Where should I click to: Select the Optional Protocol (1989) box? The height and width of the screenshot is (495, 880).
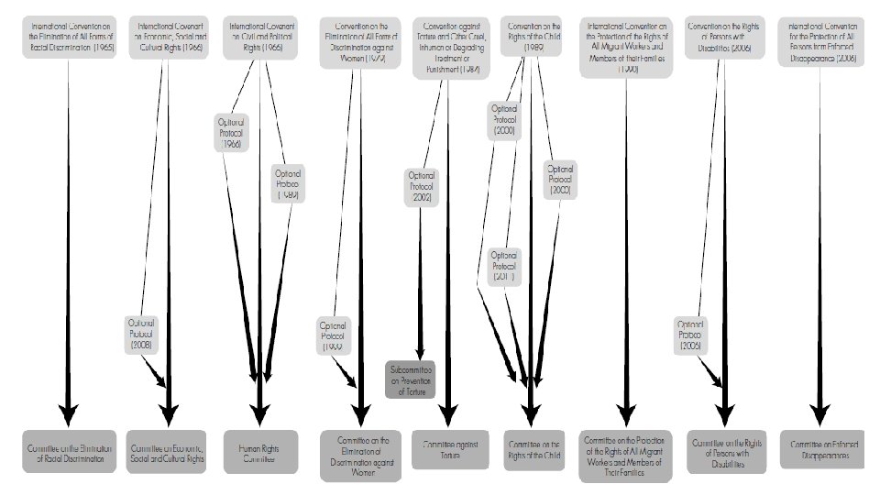(288, 183)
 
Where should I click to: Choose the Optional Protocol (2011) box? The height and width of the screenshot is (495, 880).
(503, 266)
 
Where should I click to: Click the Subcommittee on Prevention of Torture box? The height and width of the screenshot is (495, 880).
(409, 380)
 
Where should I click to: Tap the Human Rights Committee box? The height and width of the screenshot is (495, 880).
(260, 450)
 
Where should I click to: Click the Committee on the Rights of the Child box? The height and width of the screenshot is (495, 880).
(533, 450)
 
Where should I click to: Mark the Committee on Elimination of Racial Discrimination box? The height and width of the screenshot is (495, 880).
(71, 450)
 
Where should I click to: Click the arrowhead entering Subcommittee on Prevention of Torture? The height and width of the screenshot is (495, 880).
(420, 357)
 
